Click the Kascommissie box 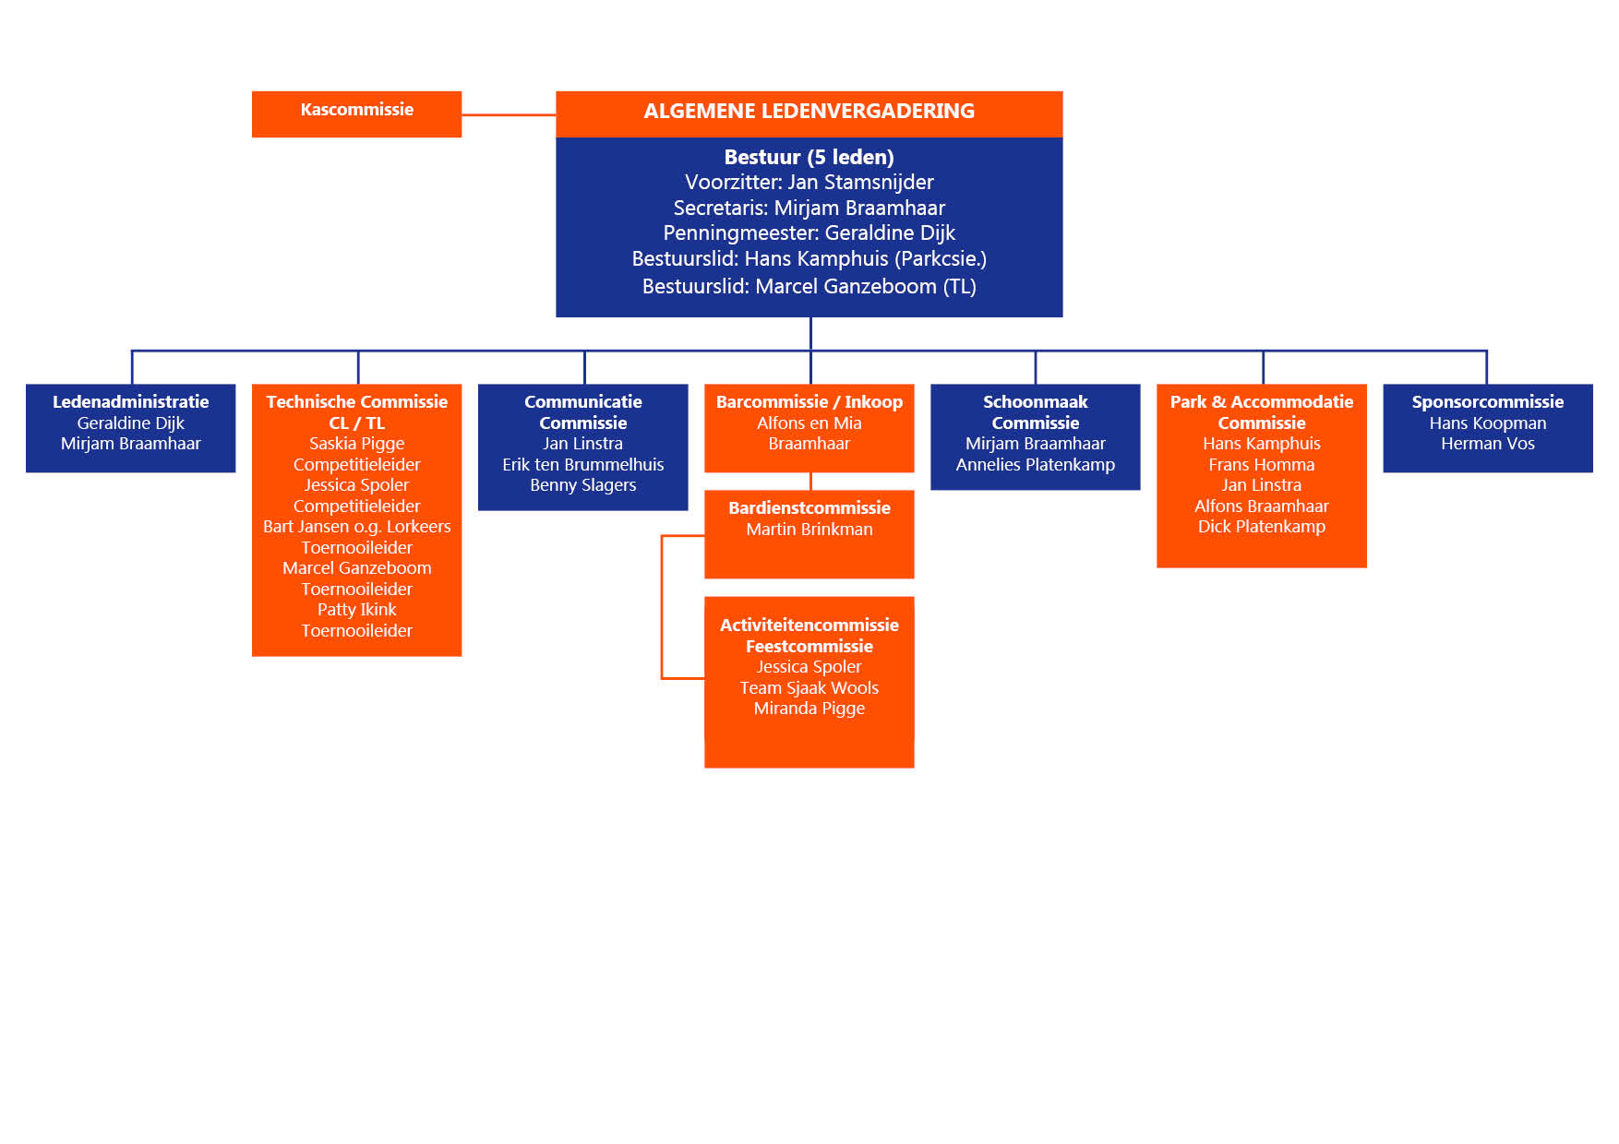click(x=356, y=113)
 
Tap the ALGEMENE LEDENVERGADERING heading click(x=809, y=112)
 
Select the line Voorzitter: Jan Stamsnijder click(x=809, y=183)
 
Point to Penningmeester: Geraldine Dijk click(x=809, y=233)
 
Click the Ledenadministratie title click(x=130, y=402)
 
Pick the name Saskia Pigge click(x=356, y=444)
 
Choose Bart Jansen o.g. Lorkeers click(x=356, y=527)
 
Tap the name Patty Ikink click(x=356, y=610)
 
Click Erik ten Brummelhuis click(x=582, y=465)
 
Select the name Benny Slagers click(x=582, y=485)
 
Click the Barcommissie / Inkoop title click(x=809, y=402)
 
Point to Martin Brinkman click(x=809, y=530)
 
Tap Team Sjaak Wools click(x=809, y=688)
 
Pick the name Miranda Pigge click(x=809, y=709)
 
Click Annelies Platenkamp click(x=1035, y=465)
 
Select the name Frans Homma click(x=1261, y=465)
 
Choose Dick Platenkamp click(x=1261, y=527)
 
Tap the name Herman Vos click(x=1487, y=444)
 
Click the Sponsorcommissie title click(x=1487, y=402)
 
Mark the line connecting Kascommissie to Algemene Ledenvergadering click(x=509, y=115)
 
